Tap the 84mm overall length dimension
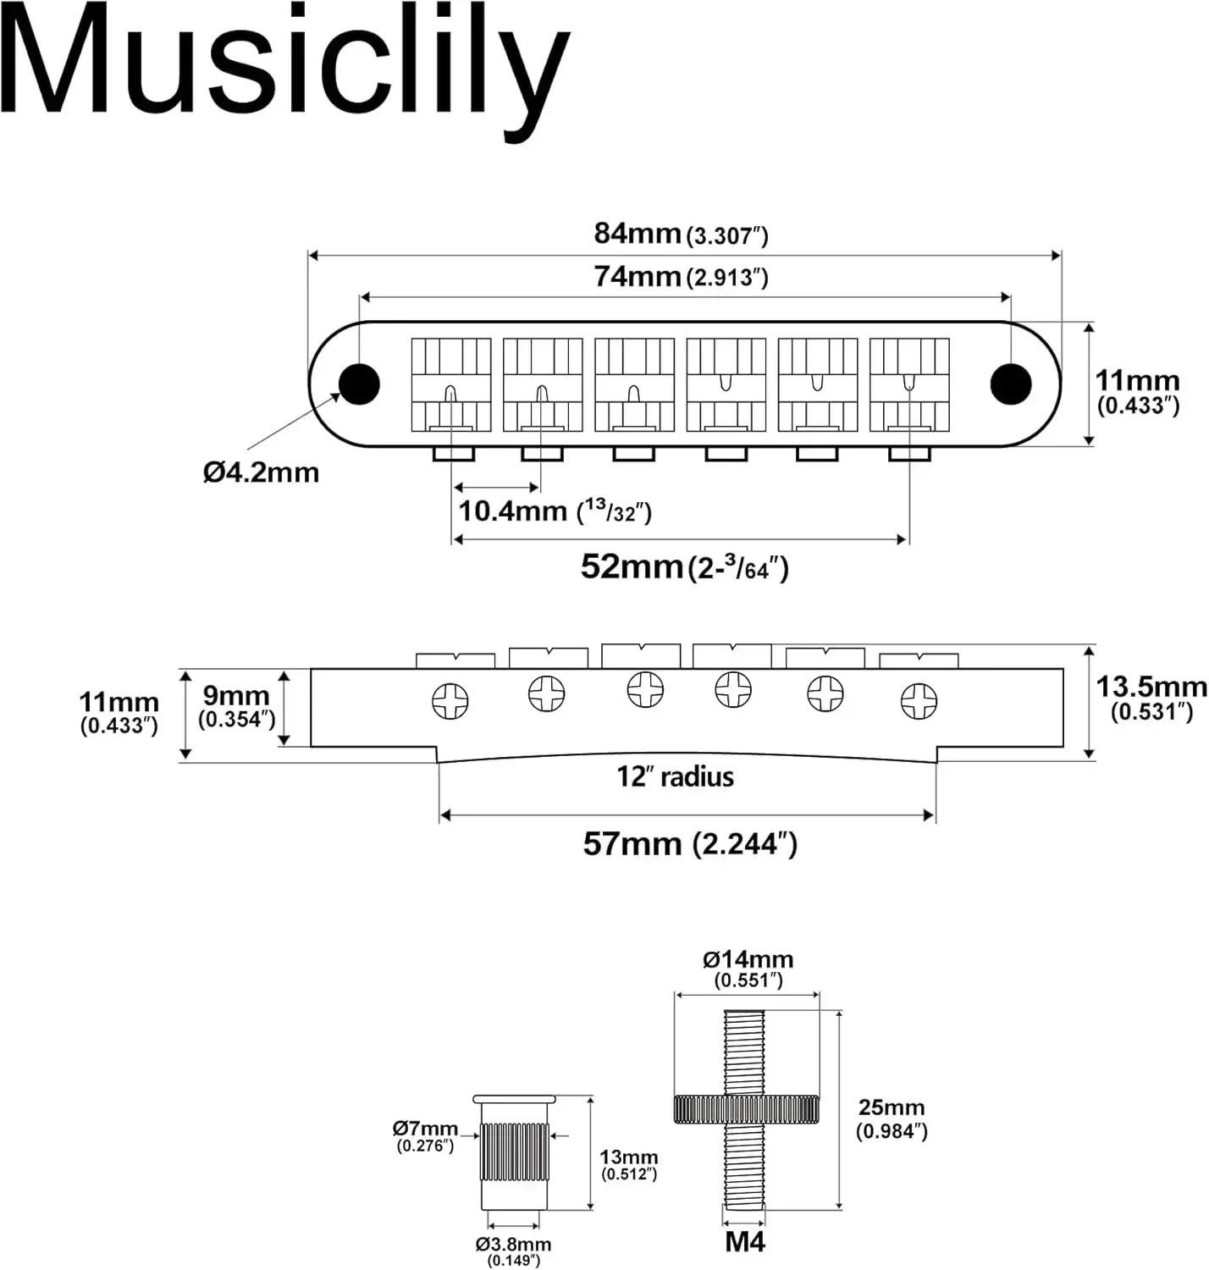(681, 234)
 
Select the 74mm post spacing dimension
(681, 276)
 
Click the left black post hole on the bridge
(359, 384)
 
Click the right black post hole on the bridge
(1010, 384)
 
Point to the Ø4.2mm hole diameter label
(261, 472)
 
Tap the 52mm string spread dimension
(684, 566)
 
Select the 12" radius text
(675, 776)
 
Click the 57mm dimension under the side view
(689, 843)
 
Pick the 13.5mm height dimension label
(1151, 697)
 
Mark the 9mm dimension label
(236, 705)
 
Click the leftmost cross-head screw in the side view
(450, 701)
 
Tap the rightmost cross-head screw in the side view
(919, 701)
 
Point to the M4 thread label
(745, 1242)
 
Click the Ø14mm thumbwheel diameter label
(748, 968)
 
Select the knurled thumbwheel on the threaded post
(746, 1108)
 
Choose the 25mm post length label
(892, 1118)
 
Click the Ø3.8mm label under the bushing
(513, 1250)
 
